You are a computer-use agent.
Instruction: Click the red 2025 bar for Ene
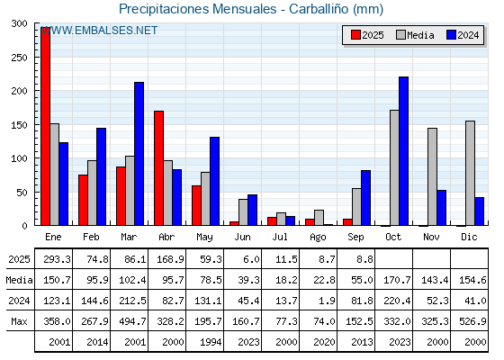(45, 126)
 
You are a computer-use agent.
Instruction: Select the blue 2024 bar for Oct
(404, 151)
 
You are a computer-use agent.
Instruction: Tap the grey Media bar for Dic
(470, 173)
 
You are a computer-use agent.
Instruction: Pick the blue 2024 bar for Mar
(139, 154)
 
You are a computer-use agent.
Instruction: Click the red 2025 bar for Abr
(158, 168)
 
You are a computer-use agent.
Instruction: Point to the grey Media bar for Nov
(432, 176)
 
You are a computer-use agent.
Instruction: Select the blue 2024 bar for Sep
(365, 198)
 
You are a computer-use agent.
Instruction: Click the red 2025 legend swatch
(355, 35)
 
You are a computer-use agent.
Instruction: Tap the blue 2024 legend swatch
(451, 35)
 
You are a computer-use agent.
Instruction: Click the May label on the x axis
(204, 238)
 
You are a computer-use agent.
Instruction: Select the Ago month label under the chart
(318, 238)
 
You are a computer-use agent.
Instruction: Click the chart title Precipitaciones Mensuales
(198, 9)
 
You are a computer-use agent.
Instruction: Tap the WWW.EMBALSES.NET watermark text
(99, 31)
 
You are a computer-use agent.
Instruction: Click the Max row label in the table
(19, 321)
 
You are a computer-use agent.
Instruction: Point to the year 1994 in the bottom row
(211, 342)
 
